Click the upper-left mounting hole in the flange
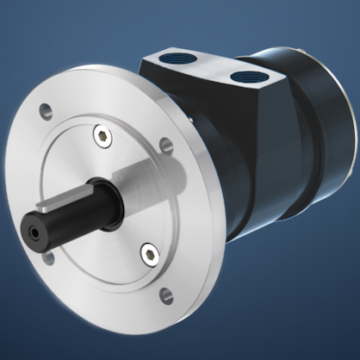(x=44, y=111)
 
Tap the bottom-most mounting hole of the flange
(x=165, y=297)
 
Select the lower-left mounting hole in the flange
(x=48, y=258)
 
